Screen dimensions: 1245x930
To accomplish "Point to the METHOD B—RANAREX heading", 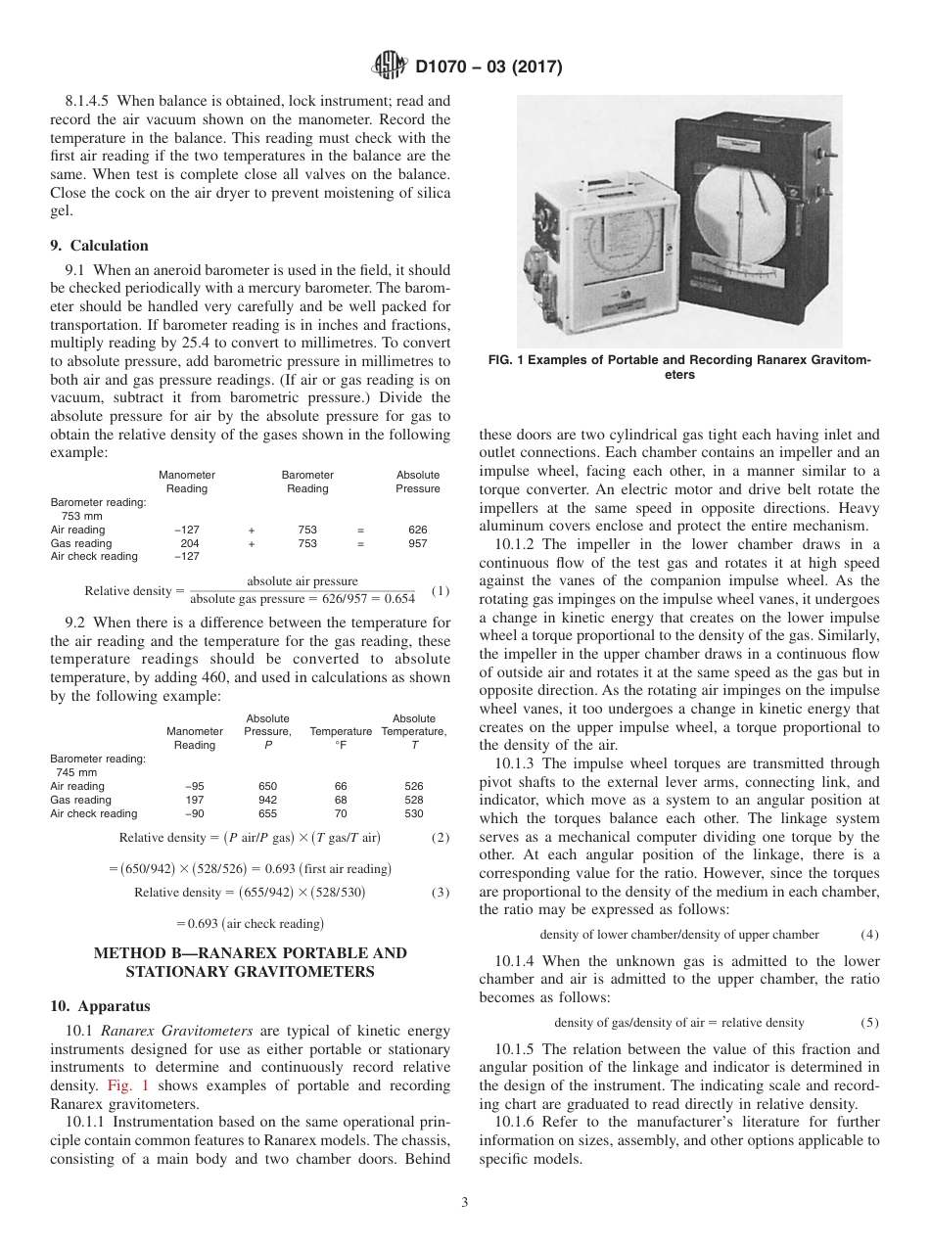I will tap(250, 961).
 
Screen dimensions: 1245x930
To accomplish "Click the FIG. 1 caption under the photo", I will tap(679, 366).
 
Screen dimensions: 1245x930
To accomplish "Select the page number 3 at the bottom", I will tap(465, 1203).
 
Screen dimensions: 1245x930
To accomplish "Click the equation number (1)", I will tap(440, 590).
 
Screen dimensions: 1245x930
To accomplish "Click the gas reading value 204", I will tap(190, 543).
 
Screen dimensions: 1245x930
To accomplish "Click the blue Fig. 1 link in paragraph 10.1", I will tap(123, 1086).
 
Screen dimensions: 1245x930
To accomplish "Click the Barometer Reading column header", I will tap(307, 482).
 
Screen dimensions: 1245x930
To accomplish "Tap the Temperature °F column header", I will tap(341, 738).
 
